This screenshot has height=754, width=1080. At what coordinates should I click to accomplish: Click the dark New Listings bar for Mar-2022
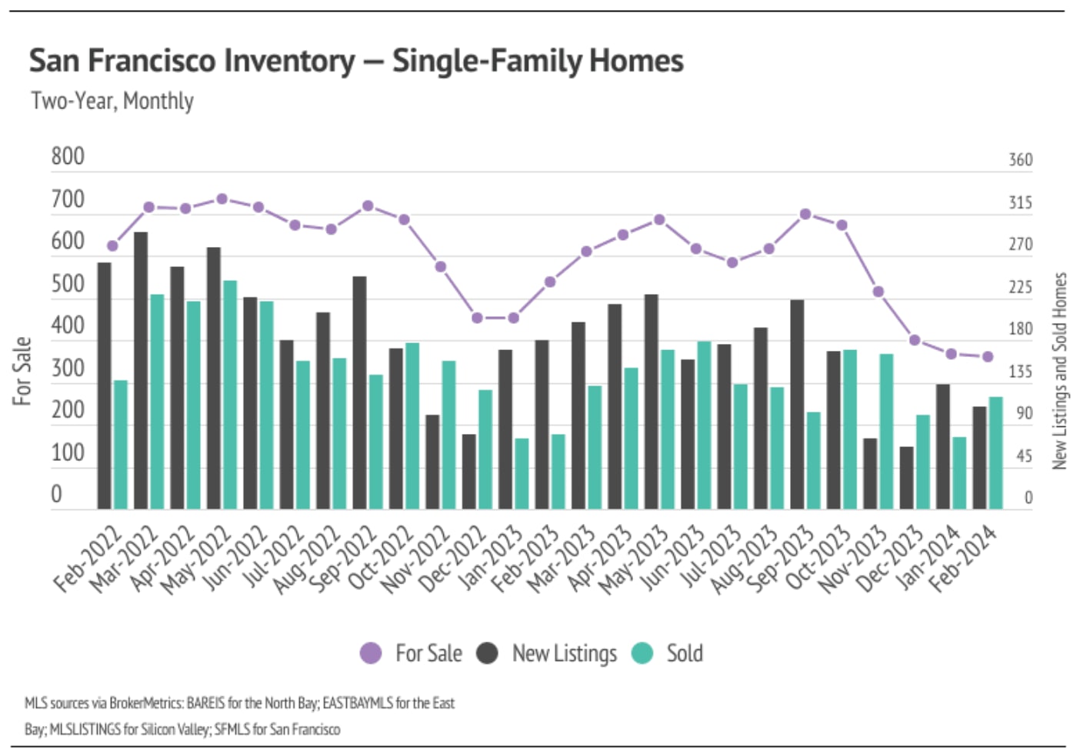141,370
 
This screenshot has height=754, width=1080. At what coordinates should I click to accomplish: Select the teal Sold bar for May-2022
229,395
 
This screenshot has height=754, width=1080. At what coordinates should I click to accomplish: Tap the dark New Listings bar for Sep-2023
797,404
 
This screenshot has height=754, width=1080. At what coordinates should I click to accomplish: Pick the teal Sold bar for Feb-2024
995,452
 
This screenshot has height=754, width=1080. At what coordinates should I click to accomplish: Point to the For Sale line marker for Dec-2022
477,318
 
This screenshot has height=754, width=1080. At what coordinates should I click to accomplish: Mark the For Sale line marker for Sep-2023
805,214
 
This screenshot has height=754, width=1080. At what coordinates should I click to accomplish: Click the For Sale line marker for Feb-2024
988,356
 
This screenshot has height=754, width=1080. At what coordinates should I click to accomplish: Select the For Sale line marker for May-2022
222,199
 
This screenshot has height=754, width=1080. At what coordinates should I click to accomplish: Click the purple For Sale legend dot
371,653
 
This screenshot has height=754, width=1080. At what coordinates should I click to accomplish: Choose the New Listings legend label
564,653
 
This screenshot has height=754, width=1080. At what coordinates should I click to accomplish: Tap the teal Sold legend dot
642,653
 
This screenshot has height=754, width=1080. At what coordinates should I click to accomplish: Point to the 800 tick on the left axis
68,157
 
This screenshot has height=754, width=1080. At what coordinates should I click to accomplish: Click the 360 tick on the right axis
1020,160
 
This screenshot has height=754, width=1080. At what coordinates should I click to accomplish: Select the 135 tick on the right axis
1020,372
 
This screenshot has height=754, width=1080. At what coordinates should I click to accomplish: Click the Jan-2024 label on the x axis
929,556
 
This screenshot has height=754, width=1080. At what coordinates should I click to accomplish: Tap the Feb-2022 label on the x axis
88,559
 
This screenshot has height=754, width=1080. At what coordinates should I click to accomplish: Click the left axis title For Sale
22,370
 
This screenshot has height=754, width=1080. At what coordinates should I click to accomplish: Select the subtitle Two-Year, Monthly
112,101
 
